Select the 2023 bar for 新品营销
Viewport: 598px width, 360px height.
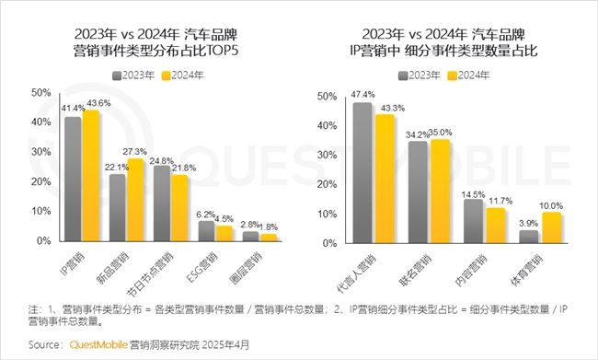point(118,208)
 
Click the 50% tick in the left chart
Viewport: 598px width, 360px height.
point(40,93)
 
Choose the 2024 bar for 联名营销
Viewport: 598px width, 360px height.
point(441,191)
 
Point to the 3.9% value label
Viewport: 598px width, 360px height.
point(528,223)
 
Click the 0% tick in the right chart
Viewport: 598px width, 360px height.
point(326,241)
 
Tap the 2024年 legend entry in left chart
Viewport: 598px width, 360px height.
point(180,75)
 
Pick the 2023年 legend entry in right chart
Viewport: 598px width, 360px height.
point(420,75)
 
